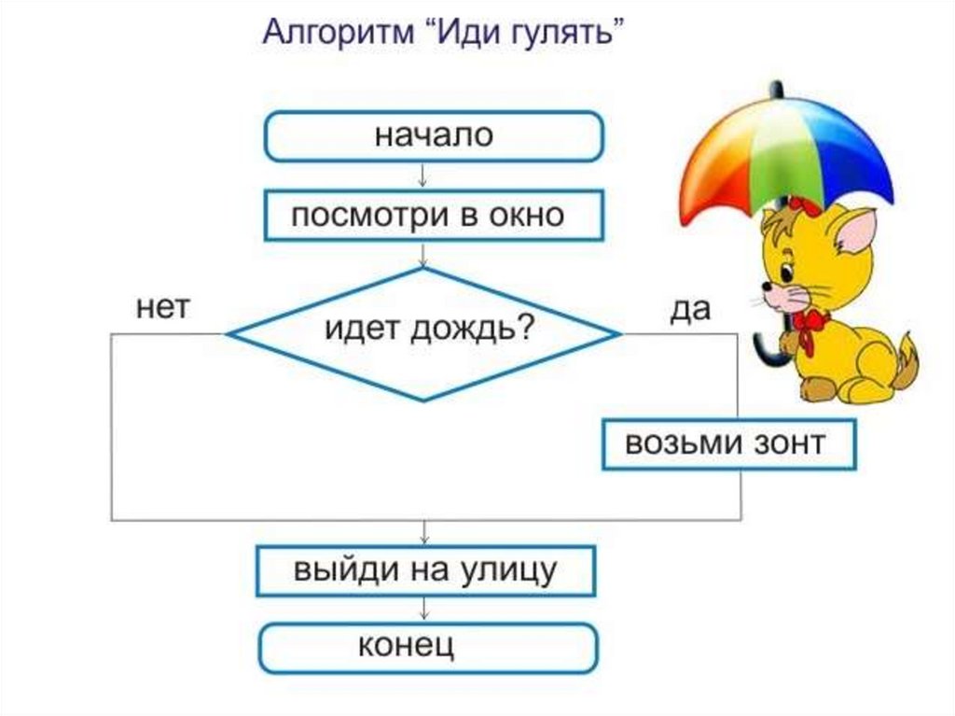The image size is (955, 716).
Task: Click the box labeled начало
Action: coord(435,136)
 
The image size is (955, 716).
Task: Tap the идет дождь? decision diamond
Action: coord(425,333)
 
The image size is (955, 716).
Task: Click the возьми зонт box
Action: coord(727,444)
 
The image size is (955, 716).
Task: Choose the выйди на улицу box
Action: coord(425,569)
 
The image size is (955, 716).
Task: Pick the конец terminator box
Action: coord(425,648)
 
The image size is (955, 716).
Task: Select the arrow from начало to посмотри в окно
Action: coord(425,175)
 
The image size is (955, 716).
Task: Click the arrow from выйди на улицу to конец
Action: coord(425,609)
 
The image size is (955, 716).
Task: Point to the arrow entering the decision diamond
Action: coord(425,255)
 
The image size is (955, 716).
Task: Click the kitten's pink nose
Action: coord(767,289)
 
